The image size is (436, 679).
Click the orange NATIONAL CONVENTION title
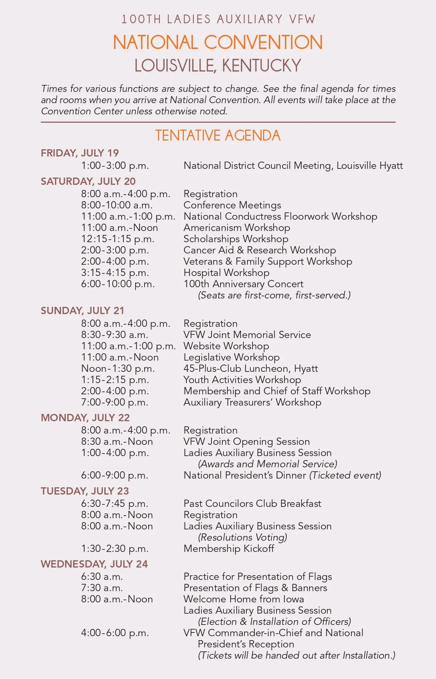[x=218, y=42]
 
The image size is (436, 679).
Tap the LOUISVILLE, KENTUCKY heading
[x=218, y=66]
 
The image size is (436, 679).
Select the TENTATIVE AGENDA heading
[x=218, y=135]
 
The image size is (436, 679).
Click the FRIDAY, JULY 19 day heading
[x=80, y=153]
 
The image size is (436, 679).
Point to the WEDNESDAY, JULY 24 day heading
[x=94, y=564]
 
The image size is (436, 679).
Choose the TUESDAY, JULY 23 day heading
[x=85, y=491]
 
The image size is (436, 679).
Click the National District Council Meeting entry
[x=293, y=166]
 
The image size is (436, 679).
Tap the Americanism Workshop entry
[x=237, y=228]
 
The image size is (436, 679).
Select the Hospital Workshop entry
[x=226, y=273]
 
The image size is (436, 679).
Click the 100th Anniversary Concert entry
[x=243, y=284]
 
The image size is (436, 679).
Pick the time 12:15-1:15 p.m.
[x=118, y=239]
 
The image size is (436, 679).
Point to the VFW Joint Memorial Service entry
[x=247, y=335]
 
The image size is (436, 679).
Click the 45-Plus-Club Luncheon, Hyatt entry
[x=250, y=369]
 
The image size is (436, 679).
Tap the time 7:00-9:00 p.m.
[x=114, y=402]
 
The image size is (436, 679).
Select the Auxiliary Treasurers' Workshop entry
[x=252, y=402]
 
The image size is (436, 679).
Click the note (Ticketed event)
[x=345, y=475]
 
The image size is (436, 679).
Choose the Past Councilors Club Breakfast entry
[x=252, y=504]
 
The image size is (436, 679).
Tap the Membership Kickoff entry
[x=229, y=549]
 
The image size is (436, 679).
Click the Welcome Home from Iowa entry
[x=243, y=599]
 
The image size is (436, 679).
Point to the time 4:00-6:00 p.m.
[x=115, y=633]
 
